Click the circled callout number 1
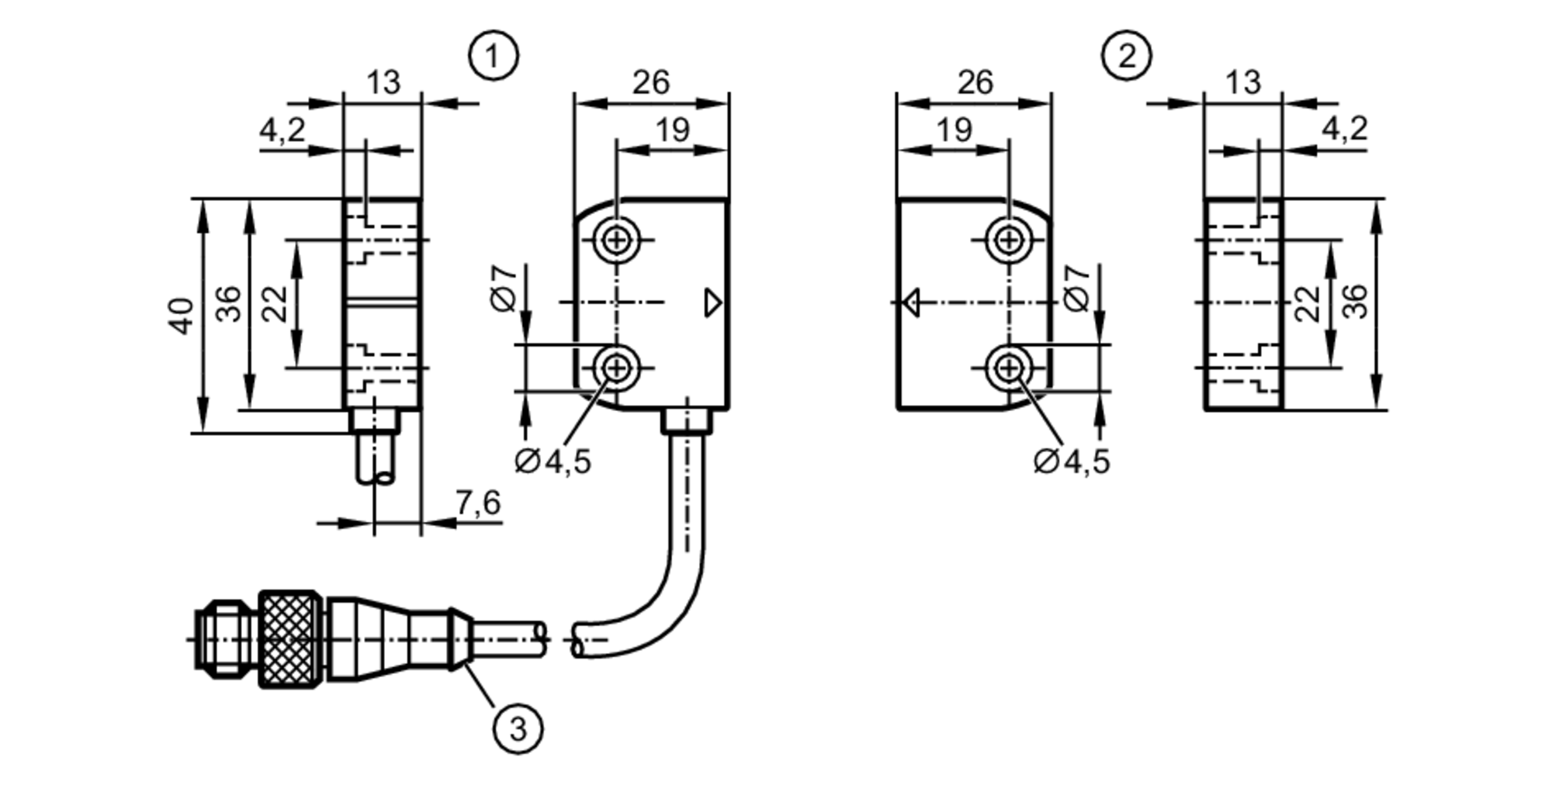click(x=493, y=56)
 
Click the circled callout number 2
click(x=1126, y=56)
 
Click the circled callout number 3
click(x=518, y=728)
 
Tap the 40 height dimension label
click(x=181, y=315)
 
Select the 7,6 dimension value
click(x=478, y=503)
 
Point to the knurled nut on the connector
click(x=289, y=638)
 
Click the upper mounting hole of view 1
click(x=617, y=240)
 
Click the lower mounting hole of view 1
click(x=617, y=368)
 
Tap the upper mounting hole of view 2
click(x=1009, y=240)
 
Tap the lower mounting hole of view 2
click(x=1009, y=368)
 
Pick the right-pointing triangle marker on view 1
click(x=712, y=303)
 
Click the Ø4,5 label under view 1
click(x=553, y=462)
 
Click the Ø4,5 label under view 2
click(x=1072, y=462)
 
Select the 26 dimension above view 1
click(x=650, y=82)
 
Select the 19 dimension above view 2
click(x=954, y=130)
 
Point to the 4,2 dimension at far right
click(x=1344, y=128)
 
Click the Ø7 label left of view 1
click(x=504, y=289)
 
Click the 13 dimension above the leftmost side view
click(x=383, y=82)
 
